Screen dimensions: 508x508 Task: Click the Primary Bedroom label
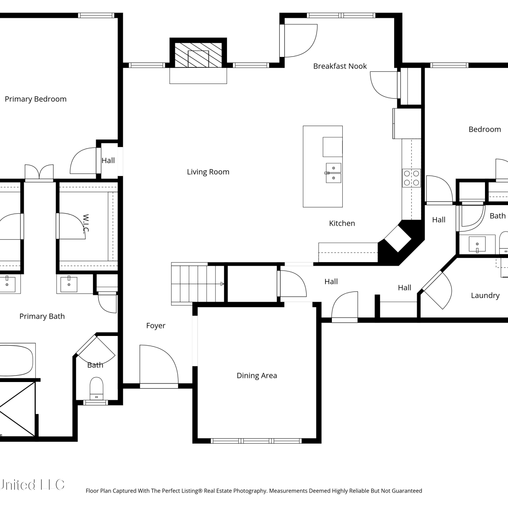36,99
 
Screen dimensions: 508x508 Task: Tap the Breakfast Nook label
340,66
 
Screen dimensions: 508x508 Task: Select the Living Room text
208,172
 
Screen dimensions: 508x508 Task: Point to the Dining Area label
257,375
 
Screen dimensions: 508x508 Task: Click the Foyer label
156,325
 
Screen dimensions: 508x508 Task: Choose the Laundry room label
485,295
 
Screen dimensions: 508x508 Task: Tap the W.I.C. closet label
86,224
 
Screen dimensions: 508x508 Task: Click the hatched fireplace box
198,55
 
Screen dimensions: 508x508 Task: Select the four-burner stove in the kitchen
411,178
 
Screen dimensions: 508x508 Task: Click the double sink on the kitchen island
334,173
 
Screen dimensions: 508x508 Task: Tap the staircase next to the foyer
198,284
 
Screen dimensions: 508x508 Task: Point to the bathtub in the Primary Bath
17,360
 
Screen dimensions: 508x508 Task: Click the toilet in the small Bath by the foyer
97,389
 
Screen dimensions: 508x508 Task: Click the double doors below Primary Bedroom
39,172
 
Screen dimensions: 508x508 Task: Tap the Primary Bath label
42,316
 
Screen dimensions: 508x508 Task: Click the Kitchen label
342,223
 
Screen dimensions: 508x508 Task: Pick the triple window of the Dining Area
256,441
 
